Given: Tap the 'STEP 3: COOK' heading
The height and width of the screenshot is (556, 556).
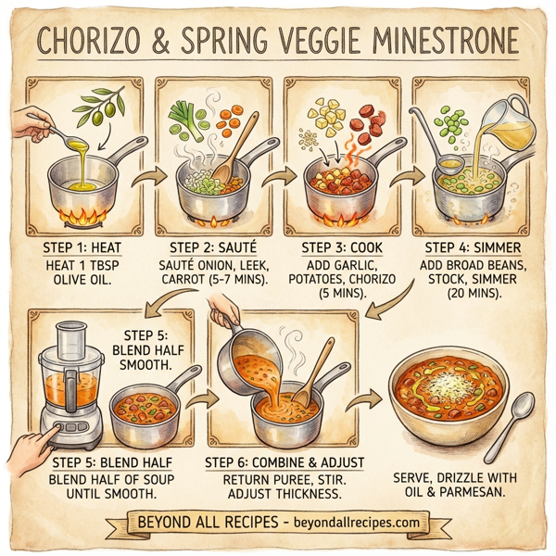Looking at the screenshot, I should (344, 247).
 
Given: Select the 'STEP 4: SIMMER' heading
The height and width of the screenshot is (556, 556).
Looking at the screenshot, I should (473, 247).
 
